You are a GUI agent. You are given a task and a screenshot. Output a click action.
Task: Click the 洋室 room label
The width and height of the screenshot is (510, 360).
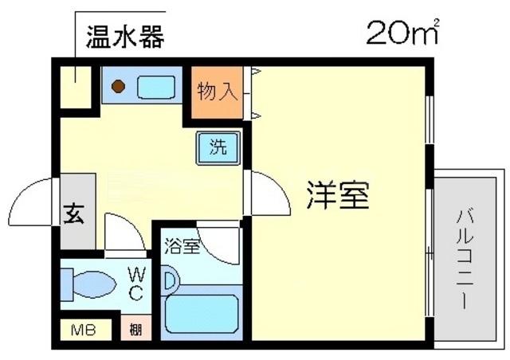click(x=339, y=195)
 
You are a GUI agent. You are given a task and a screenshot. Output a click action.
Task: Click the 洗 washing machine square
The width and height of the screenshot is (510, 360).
click(x=218, y=147)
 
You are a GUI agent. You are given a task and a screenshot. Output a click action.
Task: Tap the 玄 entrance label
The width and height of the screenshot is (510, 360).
click(x=75, y=213)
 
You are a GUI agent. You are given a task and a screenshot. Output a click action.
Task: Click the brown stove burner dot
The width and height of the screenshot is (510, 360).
click(x=118, y=86)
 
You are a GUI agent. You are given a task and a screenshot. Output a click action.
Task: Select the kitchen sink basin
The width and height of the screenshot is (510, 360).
click(x=156, y=86)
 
